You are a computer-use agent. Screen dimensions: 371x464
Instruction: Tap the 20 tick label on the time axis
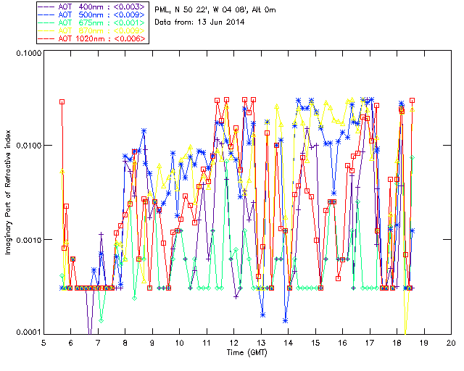tap(451, 342)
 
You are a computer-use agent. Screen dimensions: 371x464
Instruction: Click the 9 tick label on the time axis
tap(152, 342)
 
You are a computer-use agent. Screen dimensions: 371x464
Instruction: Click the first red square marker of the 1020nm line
tap(62, 102)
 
